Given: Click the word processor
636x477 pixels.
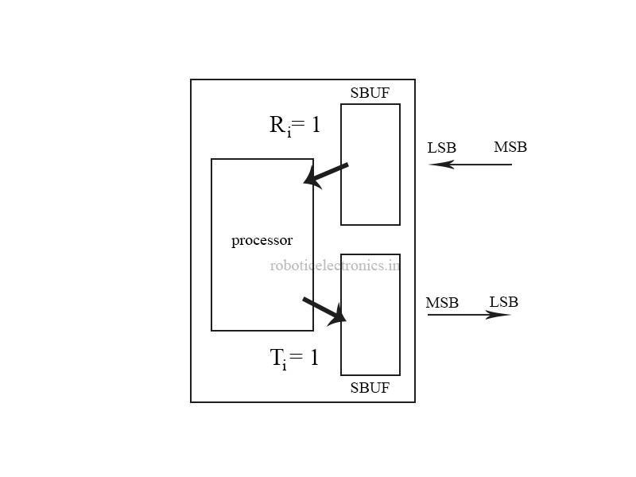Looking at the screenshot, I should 262,240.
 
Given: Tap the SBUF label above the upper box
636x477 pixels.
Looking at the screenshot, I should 370,92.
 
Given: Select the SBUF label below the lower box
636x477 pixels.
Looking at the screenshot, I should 370,388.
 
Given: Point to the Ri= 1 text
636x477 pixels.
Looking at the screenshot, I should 294,126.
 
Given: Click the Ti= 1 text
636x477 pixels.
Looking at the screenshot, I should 294,359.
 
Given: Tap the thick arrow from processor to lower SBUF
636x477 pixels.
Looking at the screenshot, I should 324,309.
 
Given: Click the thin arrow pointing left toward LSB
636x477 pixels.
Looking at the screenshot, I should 471,165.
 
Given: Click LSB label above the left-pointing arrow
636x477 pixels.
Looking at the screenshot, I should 441,148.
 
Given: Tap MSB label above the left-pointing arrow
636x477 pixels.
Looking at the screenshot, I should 510,147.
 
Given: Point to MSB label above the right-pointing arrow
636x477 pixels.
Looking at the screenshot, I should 441,303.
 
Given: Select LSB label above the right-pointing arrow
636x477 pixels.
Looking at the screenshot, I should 503,302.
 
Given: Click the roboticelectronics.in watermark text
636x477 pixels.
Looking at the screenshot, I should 335,266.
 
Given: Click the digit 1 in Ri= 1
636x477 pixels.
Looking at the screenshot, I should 315,125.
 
